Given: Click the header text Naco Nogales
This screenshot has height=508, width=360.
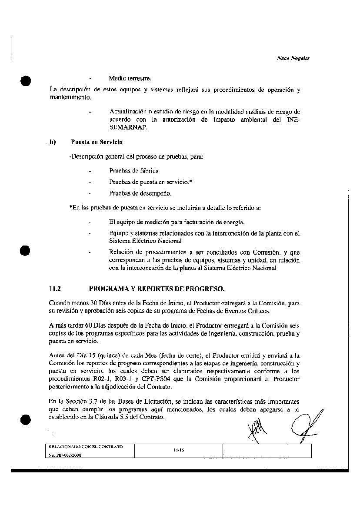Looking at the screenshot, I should pyautogui.click(x=293, y=58).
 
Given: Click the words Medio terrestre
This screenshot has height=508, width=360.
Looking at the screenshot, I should pyautogui.click(x=130, y=79).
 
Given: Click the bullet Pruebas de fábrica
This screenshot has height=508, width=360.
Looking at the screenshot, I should pyautogui.click(x=134, y=171).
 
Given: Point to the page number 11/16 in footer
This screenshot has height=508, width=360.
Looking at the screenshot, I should pyautogui.click(x=179, y=451).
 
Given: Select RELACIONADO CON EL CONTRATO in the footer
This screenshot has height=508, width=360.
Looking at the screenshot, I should pyautogui.click(x=85, y=447).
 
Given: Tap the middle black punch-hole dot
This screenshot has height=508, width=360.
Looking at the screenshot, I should pyautogui.click(x=26, y=251).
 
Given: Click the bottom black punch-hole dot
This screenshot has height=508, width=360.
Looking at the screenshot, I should pyautogui.click(x=26, y=419).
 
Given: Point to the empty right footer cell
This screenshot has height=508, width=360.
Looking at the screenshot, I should pyautogui.click(x=267, y=451).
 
